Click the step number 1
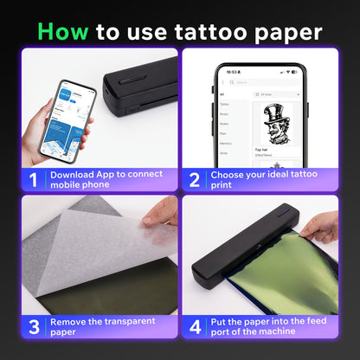pyautogui.click(x=32, y=179)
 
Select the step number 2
pyautogui.click(x=196, y=179)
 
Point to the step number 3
pyautogui.click(x=32, y=328)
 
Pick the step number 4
pyautogui.click(x=196, y=328)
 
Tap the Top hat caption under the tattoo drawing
pyautogui.click(x=261, y=149)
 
